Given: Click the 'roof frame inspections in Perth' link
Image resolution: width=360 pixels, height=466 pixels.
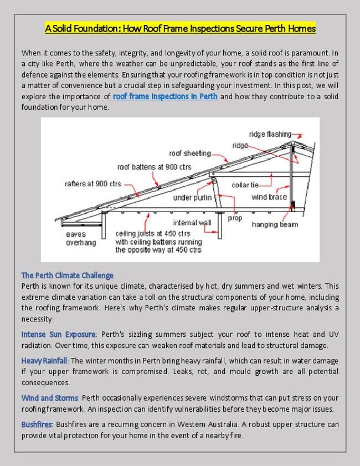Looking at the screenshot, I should (165, 96).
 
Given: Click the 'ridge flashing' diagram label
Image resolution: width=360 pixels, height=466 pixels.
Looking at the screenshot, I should (270, 134).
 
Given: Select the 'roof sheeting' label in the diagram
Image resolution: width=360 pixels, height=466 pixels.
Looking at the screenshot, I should (189, 153).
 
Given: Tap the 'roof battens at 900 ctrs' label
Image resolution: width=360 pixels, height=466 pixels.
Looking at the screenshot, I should (154, 167).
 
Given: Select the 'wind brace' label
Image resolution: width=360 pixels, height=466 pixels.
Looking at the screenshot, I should (269, 197).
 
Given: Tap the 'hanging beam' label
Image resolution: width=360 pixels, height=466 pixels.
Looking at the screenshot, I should (275, 224).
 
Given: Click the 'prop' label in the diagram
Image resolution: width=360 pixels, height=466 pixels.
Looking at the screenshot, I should (235, 218).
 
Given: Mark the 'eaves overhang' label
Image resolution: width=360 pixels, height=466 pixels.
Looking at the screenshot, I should (81, 238).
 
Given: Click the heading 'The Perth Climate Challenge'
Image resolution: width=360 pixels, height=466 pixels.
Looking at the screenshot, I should (68, 275).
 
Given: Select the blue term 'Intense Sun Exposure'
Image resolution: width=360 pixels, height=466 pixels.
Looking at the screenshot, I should (59, 335).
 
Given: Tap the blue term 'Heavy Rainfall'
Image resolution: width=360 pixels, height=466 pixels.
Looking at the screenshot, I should (44, 361).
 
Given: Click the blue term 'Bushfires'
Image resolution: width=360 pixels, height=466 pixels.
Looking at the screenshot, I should (37, 424).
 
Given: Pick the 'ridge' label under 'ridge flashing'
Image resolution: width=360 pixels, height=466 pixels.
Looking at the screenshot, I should (240, 145).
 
